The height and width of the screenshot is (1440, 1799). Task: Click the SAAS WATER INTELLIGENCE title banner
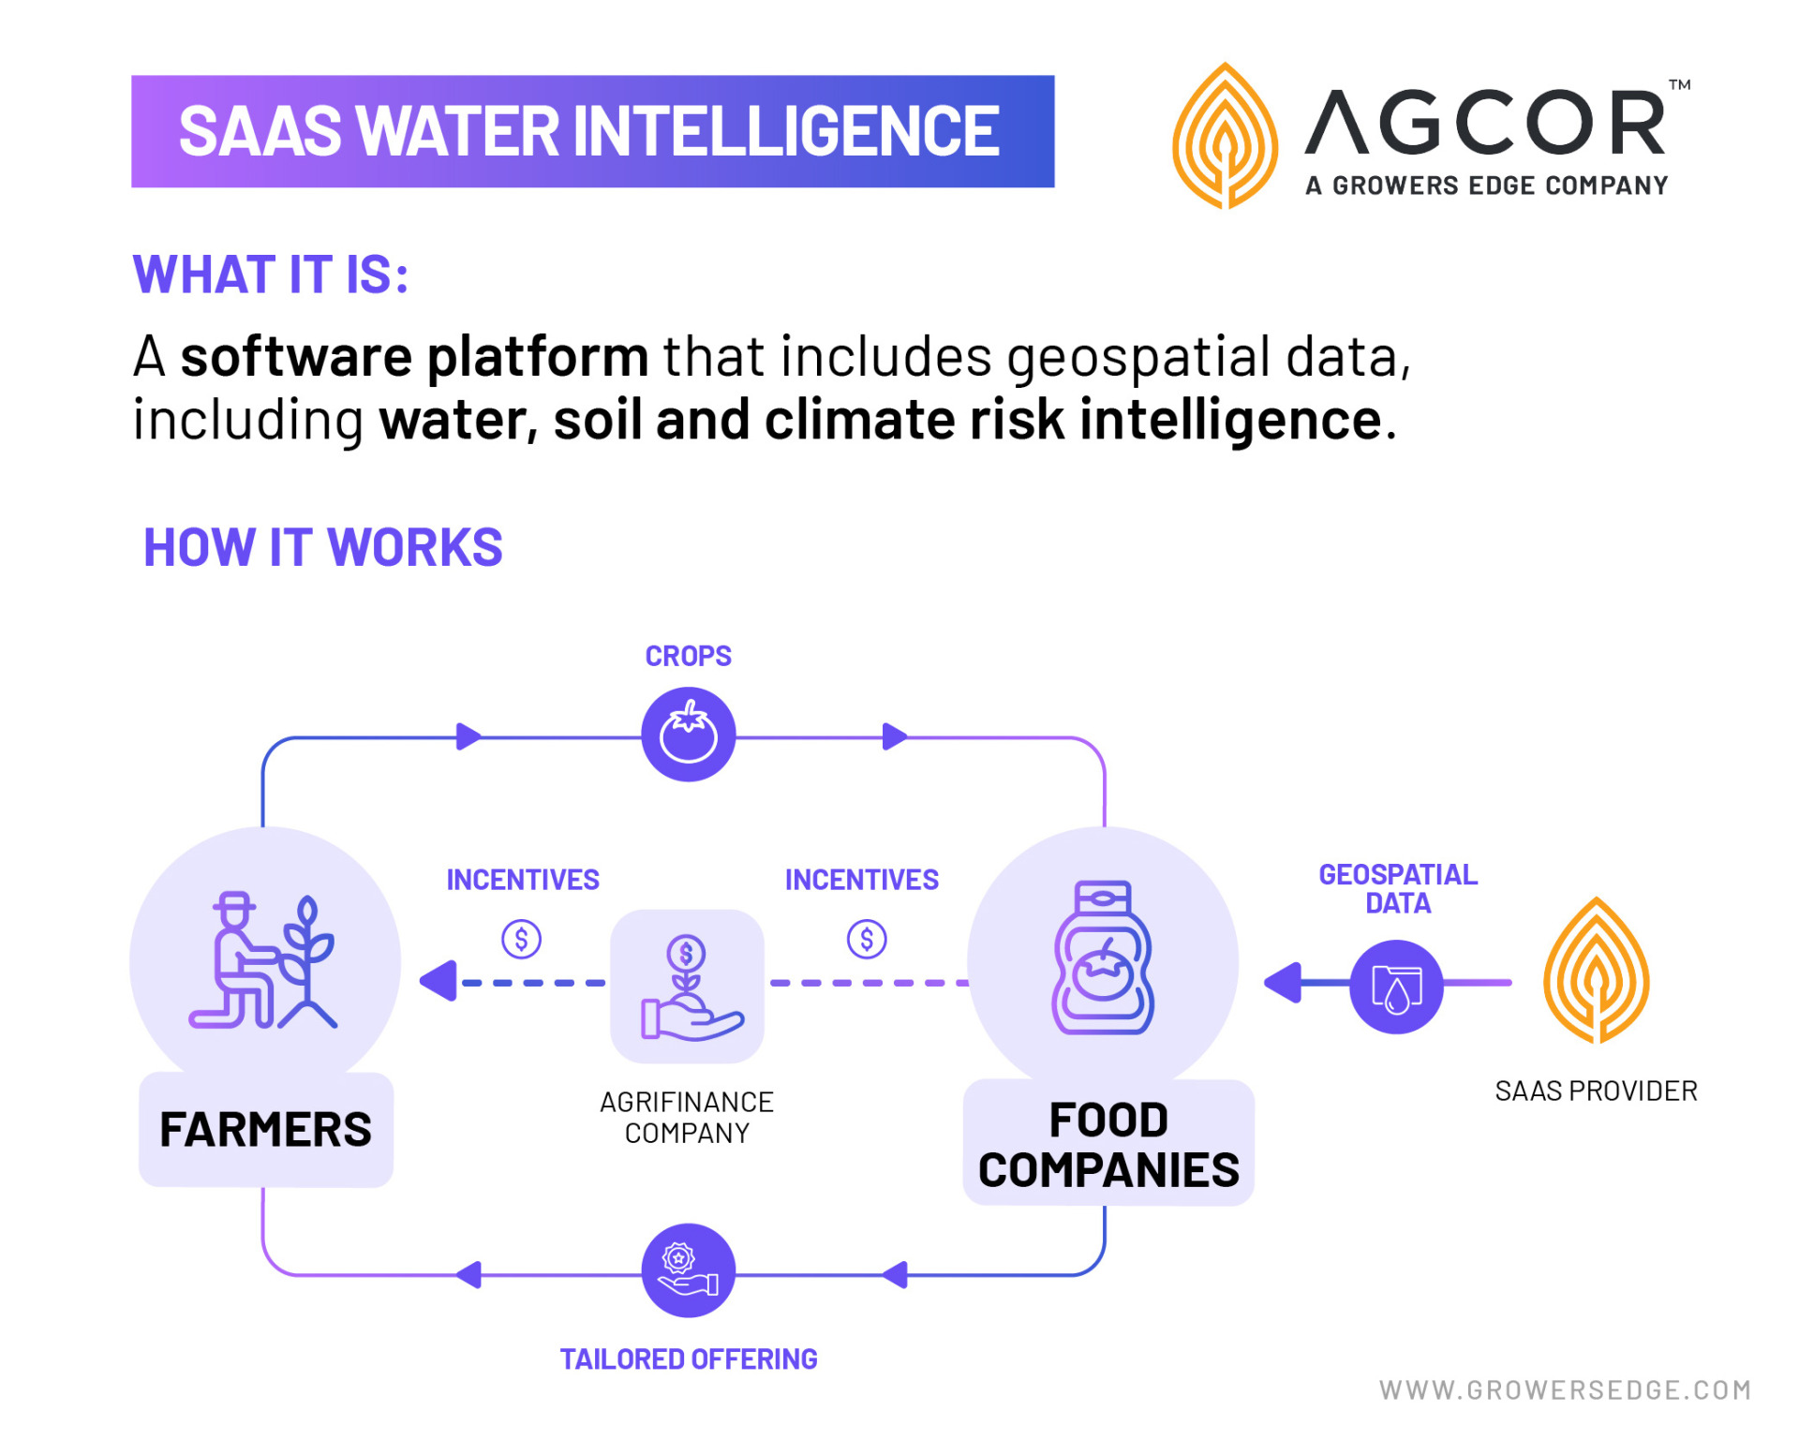click(x=592, y=131)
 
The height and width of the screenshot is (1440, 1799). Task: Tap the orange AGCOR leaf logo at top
click(x=1225, y=137)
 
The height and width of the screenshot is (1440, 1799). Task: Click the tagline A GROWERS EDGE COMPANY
click(x=1486, y=186)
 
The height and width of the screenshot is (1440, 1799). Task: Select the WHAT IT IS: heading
click(x=271, y=275)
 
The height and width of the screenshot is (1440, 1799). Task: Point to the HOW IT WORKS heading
click(x=322, y=547)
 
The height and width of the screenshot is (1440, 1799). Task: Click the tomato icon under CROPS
click(x=689, y=735)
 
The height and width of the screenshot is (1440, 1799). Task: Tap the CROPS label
click(x=689, y=656)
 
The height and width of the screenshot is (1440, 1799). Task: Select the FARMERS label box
click(x=266, y=1129)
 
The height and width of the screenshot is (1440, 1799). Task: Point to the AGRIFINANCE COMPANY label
click(x=687, y=1117)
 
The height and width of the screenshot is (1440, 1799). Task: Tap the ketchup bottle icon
click(x=1103, y=958)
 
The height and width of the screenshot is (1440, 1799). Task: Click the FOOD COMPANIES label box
click(x=1108, y=1144)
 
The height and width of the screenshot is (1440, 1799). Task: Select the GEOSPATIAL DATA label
click(x=1398, y=888)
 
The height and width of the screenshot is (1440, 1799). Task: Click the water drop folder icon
click(x=1396, y=987)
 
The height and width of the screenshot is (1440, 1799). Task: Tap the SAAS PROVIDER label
click(x=1596, y=1091)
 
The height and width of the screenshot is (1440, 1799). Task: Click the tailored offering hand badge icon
click(x=689, y=1270)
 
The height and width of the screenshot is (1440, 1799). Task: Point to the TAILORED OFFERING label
click(x=689, y=1358)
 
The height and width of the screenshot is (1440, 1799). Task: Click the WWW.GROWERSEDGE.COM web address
click(x=1565, y=1389)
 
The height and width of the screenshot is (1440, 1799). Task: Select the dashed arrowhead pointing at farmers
click(x=439, y=981)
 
